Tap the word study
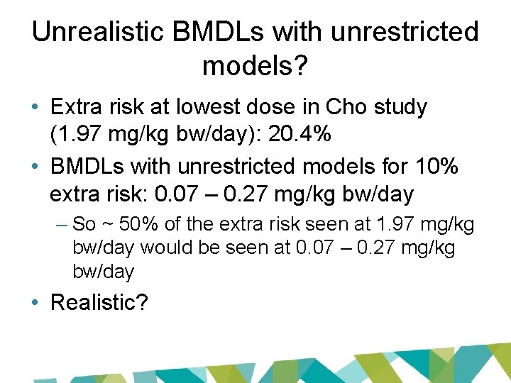click(x=402, y=108)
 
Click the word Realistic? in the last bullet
click(x=99, y=303)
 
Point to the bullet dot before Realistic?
click(x=35, y=304)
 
